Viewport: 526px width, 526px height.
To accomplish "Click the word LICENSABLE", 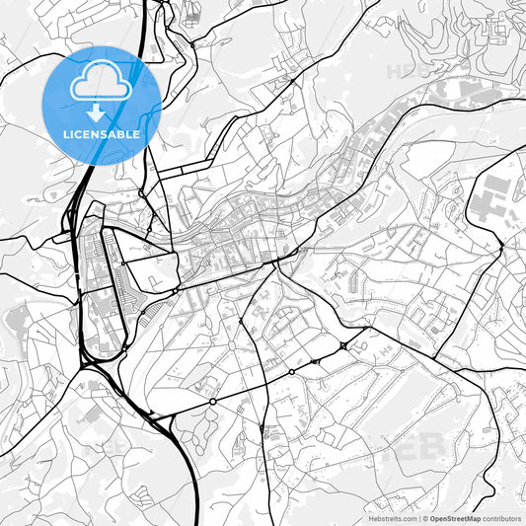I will (101, 133).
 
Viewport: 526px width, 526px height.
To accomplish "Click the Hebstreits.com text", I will (393, 518).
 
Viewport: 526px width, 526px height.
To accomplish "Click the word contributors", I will (503, 518).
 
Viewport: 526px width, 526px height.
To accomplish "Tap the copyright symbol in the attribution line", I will (424, 518).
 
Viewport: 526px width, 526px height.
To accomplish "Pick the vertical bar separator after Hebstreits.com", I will (418, 518).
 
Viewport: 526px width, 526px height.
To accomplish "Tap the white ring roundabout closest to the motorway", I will (213, 402).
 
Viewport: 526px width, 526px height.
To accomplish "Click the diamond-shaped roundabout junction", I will (342, 346).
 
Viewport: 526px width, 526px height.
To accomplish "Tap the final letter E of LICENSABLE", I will (136, 133).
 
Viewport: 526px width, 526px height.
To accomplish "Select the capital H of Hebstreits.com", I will (371, 518).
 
